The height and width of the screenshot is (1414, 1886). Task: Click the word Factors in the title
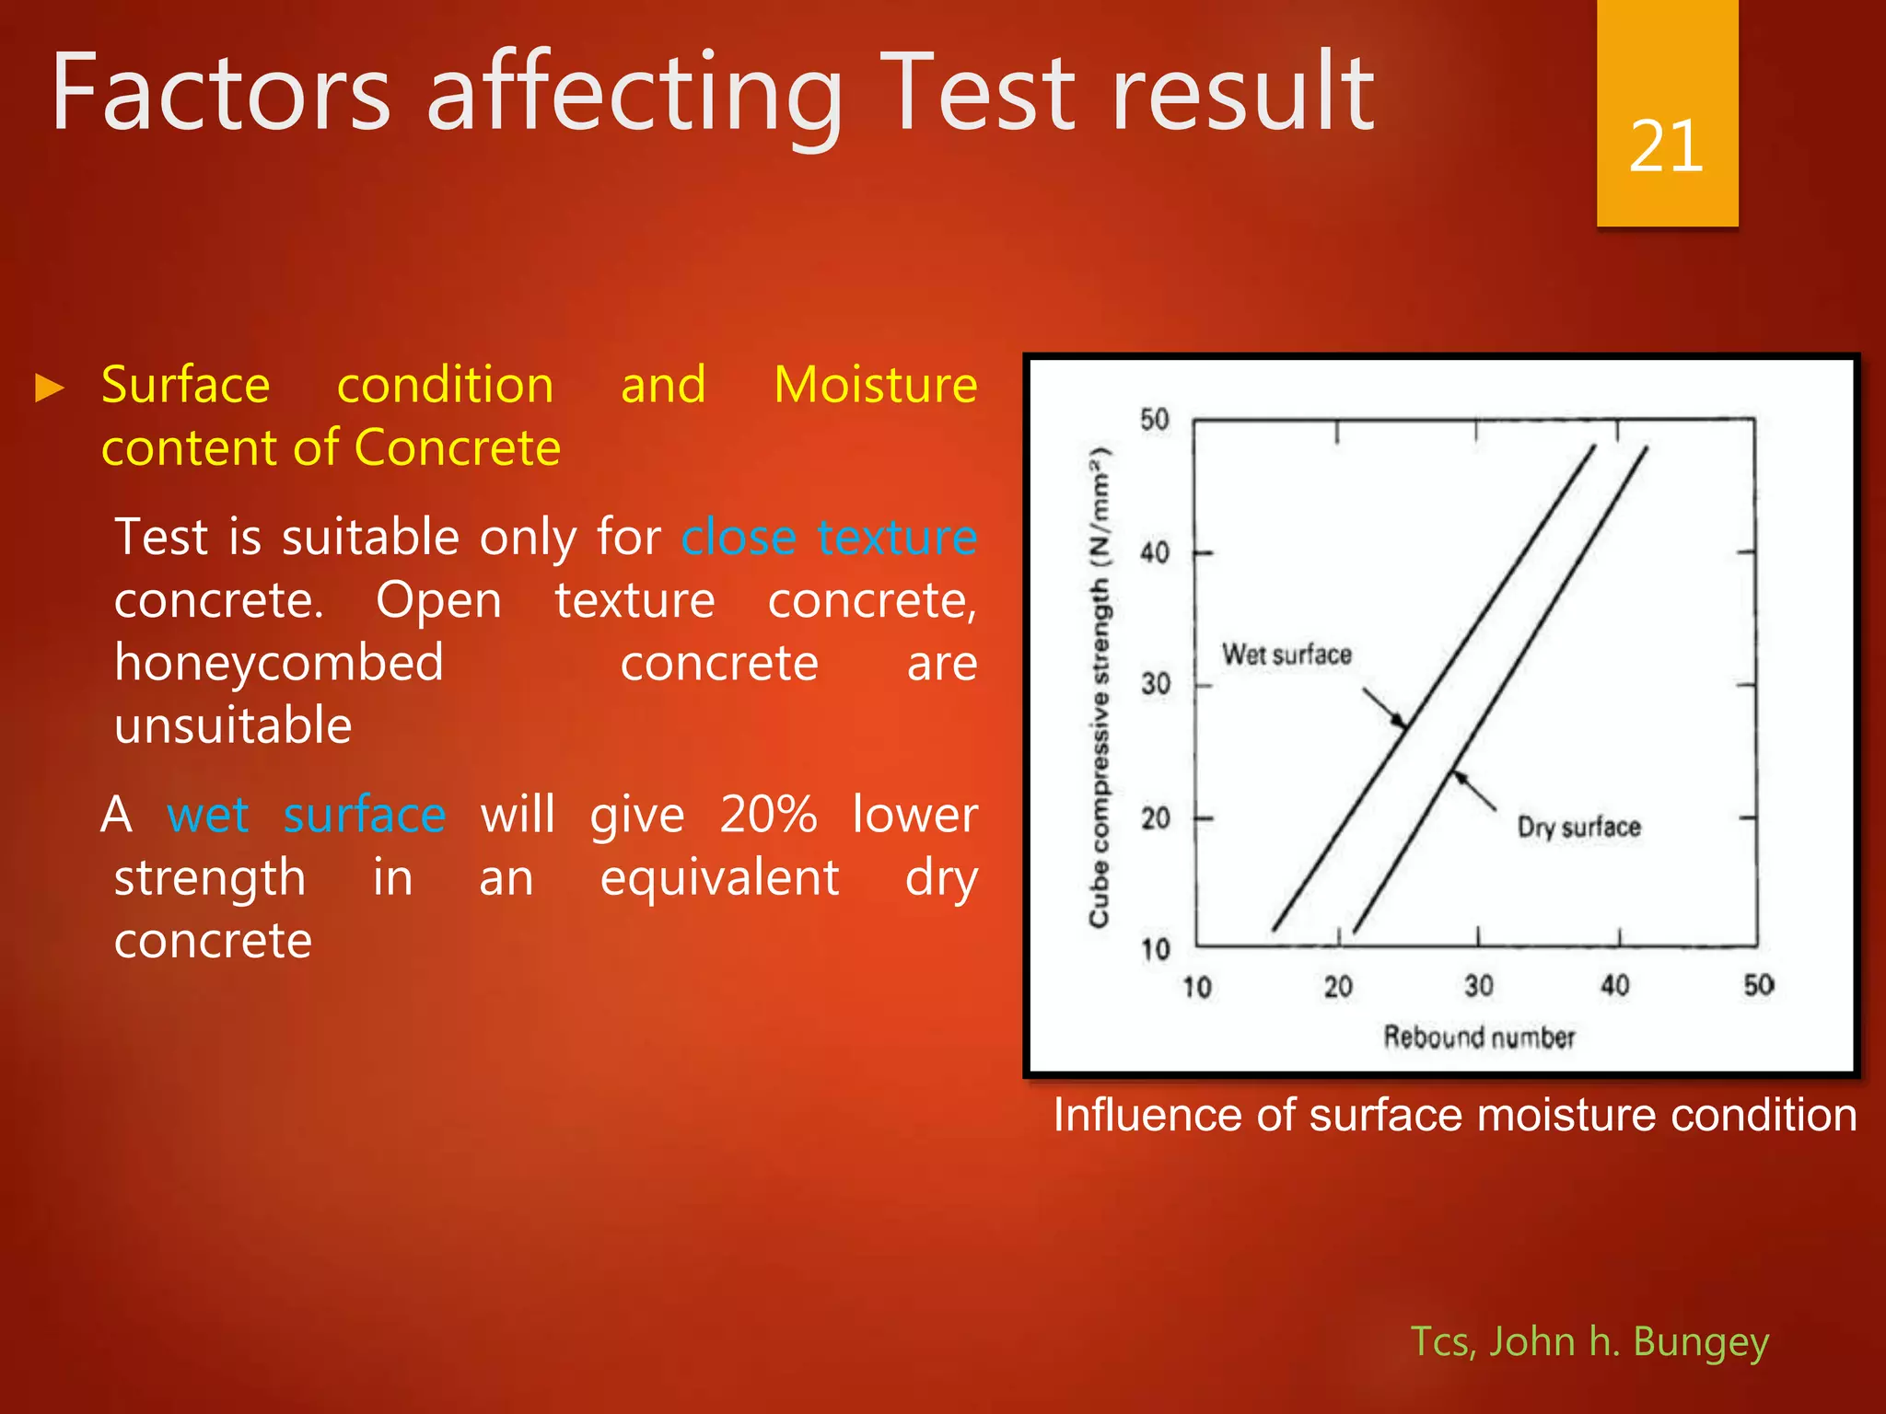(x=221, y=92)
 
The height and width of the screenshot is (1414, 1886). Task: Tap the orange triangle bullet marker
(x=49, y=388)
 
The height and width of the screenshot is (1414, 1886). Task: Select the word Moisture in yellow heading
(x=875, y=385)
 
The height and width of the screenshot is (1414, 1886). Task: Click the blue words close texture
(x=828, y=537)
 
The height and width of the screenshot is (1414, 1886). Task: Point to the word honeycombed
(x=278, y=664)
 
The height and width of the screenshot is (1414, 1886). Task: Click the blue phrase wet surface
(x=306, y=816)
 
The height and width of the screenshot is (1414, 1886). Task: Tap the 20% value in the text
(x=767, y=816)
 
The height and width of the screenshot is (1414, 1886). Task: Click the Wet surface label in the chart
(x=1286, y=655)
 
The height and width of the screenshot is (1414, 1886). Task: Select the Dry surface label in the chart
(x=1578, y=827)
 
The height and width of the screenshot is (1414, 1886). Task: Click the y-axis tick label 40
(x=1155, y=552)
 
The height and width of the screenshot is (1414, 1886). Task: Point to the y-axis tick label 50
(x=1155, y=420)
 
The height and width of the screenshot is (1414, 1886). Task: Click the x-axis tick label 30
(x=1478, y=986)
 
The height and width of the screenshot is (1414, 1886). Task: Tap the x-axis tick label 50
(x=1758, y=985)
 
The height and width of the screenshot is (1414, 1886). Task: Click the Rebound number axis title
(x=1479, y=1037)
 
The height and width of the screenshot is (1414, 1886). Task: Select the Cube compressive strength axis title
(x=1100, y=686)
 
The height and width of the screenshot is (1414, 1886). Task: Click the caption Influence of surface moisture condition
(x=1454, y=1115)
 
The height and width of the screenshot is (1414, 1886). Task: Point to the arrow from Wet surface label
(x=1384, y=707)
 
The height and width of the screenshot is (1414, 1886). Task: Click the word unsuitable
(x=233, y=726)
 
